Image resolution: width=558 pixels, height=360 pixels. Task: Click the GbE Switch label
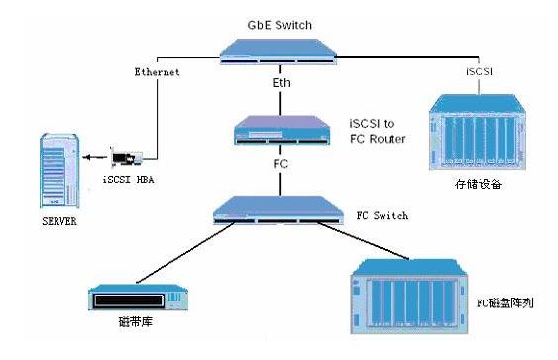[279, 25]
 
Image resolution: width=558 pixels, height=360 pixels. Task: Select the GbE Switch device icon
[279, 52]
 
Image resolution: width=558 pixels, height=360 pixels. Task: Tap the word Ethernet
[157, 72]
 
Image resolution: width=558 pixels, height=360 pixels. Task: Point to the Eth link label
[281, 83]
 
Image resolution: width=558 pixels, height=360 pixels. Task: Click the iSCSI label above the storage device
[479, 72]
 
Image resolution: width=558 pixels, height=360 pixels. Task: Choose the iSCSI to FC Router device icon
[281, 130]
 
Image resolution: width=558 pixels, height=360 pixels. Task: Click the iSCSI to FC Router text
[378, 131]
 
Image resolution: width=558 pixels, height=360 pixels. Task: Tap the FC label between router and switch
[280, 164]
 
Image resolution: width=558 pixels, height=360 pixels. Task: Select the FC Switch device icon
[279, 210]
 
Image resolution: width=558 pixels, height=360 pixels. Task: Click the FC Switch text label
[383, 216]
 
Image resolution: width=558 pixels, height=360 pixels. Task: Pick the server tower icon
[59, 171]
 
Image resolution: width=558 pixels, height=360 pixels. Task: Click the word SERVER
[59, 221]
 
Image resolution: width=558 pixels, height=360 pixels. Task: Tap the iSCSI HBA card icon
[127, 157]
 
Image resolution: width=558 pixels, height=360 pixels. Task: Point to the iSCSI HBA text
[129, 180]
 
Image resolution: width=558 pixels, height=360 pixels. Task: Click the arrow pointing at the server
[95, 157]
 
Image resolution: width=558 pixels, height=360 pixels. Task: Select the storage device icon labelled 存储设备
[478, 132]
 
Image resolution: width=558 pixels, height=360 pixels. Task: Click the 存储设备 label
[478, 184]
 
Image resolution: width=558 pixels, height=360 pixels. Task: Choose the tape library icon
[138, 297]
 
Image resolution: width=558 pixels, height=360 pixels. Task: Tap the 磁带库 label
[135, 322]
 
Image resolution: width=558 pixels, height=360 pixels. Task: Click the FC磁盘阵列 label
[505, 303]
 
